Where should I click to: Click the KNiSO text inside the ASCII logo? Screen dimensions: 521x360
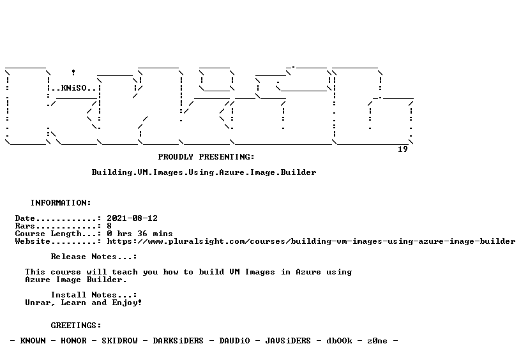[74, 88]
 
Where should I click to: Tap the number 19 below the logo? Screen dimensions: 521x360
[403, 149]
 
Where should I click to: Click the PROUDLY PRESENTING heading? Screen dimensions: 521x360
[206, 157]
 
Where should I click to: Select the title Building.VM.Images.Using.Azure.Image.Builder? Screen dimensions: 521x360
[204, 172]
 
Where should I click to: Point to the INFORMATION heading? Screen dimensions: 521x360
[61, 203]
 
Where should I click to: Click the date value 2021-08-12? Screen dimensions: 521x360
[132, 218]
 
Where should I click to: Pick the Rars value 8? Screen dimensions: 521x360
[109, 226]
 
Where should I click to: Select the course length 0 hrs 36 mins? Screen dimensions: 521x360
[140, 234]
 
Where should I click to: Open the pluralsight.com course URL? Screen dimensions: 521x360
[311, 241]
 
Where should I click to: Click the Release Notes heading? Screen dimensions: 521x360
[94, 257]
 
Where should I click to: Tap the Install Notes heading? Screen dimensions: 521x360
[94, 295]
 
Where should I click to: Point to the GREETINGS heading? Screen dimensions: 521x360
[76, 326]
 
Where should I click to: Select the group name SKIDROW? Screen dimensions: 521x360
[119, 341]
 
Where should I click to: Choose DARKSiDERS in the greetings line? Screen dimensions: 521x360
[178, 341]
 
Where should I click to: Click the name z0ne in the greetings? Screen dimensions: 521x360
[377, 341]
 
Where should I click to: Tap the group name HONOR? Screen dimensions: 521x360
[73, 341]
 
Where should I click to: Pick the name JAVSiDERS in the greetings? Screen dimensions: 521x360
[288, 341]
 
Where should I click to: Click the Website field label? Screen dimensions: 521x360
[33, 241]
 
